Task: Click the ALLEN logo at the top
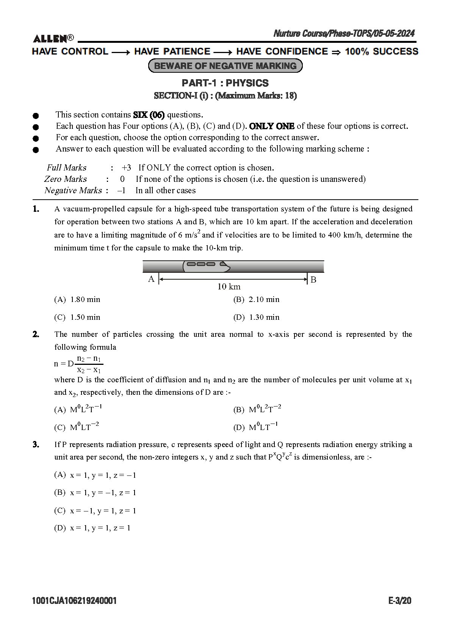pos(53,39)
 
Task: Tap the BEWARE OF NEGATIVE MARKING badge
pos(225,66)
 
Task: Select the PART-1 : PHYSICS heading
pos(225,83)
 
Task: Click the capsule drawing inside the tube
pos(207,266)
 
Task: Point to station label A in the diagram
pos(151,280)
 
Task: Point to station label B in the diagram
pos(313,280)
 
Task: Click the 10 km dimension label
pos(229,287)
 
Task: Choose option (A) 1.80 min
pos(77,300)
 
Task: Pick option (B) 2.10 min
pos(256,300)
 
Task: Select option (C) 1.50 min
pos(77,317)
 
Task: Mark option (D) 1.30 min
pos(256,317)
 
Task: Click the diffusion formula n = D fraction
pos(78,364)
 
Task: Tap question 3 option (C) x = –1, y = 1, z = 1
pos(95,511)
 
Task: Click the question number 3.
pos(36,444)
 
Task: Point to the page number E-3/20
pos(399,601)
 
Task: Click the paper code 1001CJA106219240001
pos(75,601)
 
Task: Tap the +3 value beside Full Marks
pos(126,168)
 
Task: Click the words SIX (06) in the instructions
pos(149,115)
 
